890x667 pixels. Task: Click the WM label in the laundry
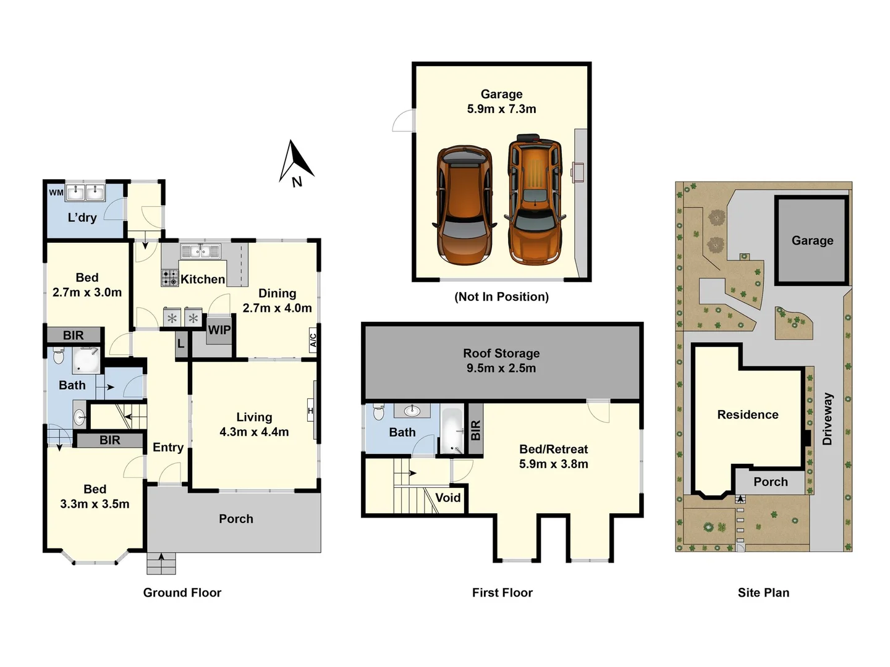click(x=56, y=192)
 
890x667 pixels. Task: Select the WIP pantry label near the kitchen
click(x=219, y=330)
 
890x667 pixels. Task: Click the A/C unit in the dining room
click(x=313, y=340)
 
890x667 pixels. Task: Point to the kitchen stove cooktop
click(x=170, y=278)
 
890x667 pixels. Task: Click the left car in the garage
click(x=465, y=204)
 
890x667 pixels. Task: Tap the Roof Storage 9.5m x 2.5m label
click(x=501, y=361)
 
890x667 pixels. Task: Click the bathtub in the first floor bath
click(x=451, y=430)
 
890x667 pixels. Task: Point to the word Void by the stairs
click(x=447, y=498)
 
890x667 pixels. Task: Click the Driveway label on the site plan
click(x=828, y=419)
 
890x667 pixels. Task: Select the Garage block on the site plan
click(x=812, y=240)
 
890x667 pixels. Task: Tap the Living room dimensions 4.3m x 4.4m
click(x=254, y=432)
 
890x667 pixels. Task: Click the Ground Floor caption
click(x=182, y=592)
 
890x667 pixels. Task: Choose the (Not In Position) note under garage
click(x=501, y=296)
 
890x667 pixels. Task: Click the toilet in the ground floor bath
click(x=59, y=356)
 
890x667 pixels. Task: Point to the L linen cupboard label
click(x=180, y=343)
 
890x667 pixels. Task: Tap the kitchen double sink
click(x=200, y=251)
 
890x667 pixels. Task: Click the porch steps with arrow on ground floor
click(x=161, y=563)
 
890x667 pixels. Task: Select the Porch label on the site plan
click(x=770, y=482)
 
